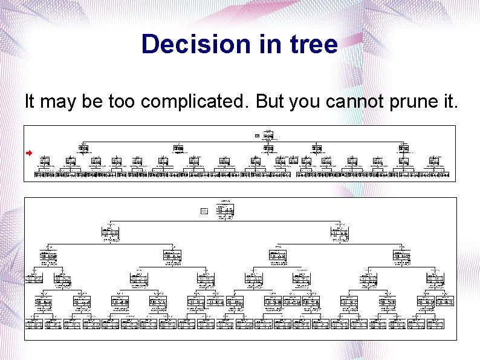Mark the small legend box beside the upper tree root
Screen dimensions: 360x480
point(257,136)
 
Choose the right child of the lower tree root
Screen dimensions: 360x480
point(339,233)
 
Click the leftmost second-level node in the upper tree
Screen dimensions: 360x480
point(83,148)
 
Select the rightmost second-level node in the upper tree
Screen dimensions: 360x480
point(404,148)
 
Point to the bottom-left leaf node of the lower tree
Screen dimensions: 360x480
point(34,324)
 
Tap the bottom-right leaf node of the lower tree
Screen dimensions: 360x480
point(435,324)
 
